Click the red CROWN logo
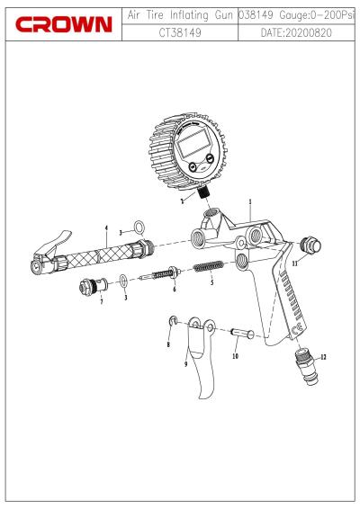click(x=64, y=24)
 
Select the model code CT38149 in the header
click(x=180, y=32)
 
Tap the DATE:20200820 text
click(x=296, y=32)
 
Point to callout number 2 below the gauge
click(x=183, y=201)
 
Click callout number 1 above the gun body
click(x=250, y=201)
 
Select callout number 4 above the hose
click(x=106, y=228)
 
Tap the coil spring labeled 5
click(x=208, y=267)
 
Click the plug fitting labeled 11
click(x=310, y=246)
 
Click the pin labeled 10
click(x=242, y=333)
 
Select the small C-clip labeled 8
click(x=173, y=321)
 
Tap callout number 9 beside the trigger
click(x=185, y=364)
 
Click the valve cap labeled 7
click(x=94, y=285)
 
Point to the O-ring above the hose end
click(x=139, y=228)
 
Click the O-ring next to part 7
click(x=123, y=281)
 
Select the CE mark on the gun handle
click(x=298, y=329)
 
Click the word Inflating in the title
click(x=189, y=15)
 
